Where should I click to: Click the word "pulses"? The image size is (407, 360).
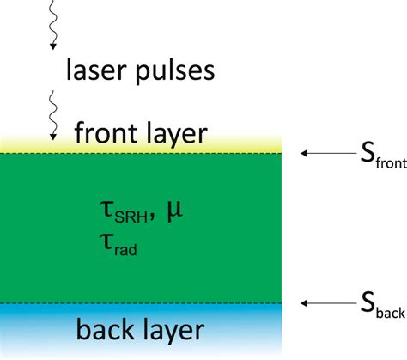point(170,70)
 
